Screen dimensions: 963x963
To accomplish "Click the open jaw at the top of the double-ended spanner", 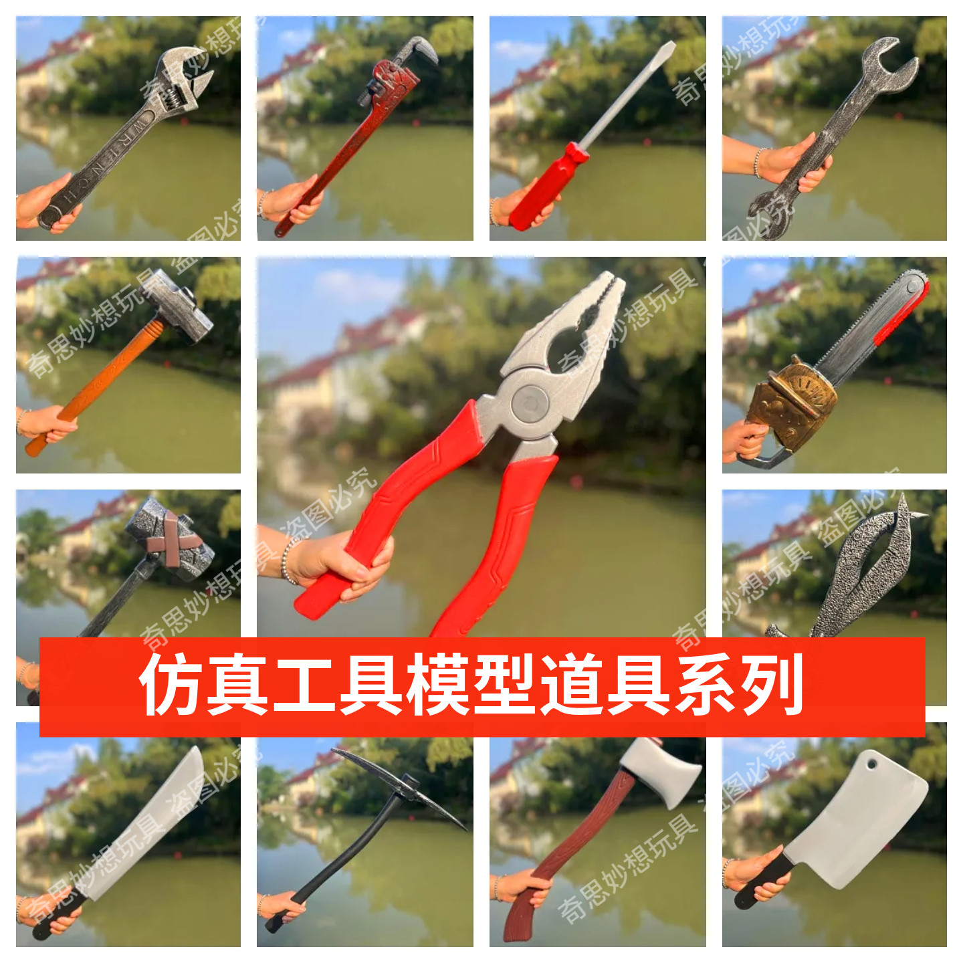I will point(890,63).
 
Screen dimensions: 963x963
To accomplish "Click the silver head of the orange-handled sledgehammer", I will point(178,304).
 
